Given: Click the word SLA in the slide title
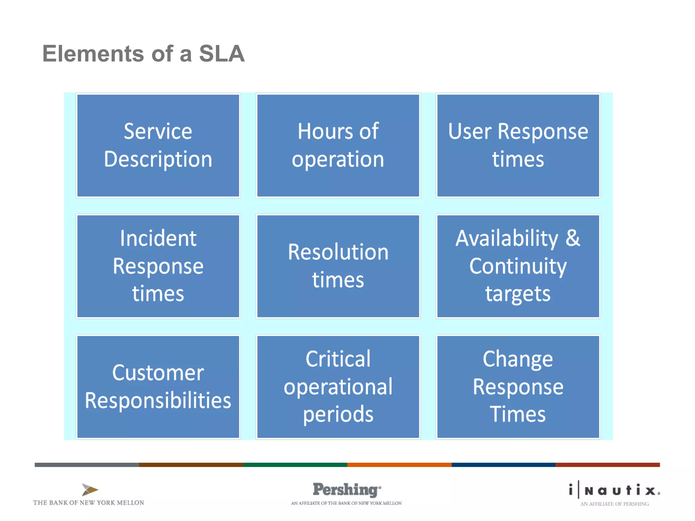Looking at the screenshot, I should (221, 54).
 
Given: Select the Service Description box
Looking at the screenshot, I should (158, 145).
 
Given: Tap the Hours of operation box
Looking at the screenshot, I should (338, 145).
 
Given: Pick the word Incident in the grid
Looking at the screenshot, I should (158, 238).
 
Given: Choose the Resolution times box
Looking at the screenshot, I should (338, 266).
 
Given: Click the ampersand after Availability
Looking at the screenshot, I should (573, 238).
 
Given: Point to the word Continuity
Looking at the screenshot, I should (518, 267).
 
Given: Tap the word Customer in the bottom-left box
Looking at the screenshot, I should (158, 373).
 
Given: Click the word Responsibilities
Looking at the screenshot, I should (158, 401).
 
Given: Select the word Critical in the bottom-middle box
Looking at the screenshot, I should (338, 359).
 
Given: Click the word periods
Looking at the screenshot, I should (338, 414).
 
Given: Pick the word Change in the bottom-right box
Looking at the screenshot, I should (518, 359).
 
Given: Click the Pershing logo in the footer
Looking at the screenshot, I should (346, 489).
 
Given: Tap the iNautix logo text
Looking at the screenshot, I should (615, 490).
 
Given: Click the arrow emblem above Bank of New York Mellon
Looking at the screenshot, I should (90, 489).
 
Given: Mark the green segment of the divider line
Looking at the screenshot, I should (295, 465).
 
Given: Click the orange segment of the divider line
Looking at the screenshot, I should (399, 465).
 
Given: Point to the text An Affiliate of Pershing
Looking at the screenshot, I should (614, 504).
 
